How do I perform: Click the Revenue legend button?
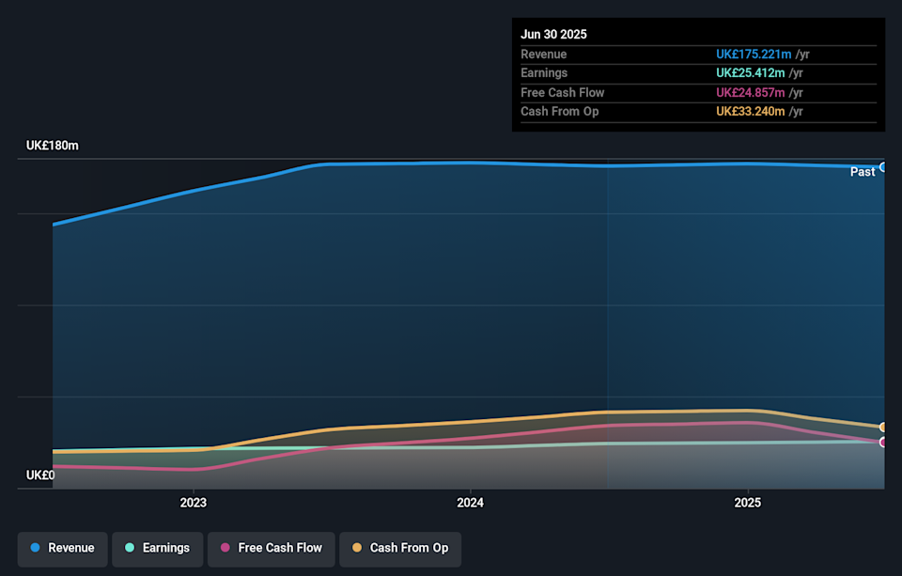[x=62, y=548]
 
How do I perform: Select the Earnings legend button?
[x=157, y=548]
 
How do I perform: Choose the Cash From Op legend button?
[x=399, y=548]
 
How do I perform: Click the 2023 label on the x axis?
[x=194, y=503]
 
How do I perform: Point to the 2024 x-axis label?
[x=471, y=503]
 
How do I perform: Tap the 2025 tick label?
[x=748, y=503]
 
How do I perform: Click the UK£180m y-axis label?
[x=53, y=146]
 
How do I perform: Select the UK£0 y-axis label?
[x=40, y=475]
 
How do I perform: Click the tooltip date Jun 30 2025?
[x=554, y=34]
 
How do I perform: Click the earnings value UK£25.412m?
[x=750, y=73]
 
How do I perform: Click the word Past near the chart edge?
[x=863, y=172]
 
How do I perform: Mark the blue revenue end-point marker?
[x=883, y=166]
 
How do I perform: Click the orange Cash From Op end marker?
[x=883, y=428]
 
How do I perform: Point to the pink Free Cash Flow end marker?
[x=883, y=442]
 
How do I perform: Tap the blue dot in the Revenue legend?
[x=35, y=548]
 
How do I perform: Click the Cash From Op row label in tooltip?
[x=559, y=111]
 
